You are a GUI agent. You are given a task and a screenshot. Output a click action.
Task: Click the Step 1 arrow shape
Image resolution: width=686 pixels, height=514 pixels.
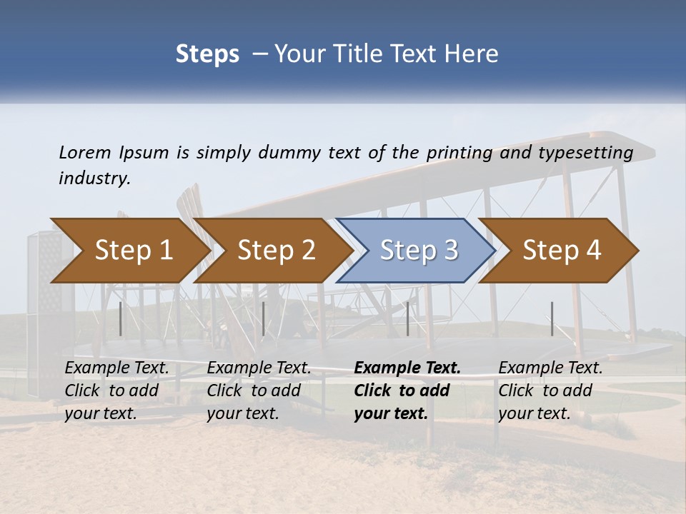[132, 251]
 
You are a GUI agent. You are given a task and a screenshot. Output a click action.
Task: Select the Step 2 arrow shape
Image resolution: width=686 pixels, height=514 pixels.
[275, 251]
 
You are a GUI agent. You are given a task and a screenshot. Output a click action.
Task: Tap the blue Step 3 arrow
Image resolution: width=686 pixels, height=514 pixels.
[418, 251]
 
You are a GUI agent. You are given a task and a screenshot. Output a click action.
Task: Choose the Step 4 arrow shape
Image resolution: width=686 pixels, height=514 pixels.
[561, 251]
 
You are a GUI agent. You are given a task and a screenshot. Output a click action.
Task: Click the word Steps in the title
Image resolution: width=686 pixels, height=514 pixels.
[207, 54]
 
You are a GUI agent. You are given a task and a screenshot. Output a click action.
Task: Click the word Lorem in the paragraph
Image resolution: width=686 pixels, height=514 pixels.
[85, 152]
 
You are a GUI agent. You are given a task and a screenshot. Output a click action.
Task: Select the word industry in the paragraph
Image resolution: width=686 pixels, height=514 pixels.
[94, 178]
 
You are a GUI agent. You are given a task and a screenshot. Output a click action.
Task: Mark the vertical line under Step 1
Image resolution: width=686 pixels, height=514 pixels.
[121, 318]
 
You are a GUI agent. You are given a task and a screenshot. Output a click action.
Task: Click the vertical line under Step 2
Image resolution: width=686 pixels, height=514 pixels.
[264, 318]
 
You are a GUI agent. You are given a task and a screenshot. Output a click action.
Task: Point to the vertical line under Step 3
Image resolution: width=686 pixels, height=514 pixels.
[407, 318]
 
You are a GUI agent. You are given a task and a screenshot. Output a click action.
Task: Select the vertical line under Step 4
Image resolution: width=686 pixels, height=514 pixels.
[552, 318]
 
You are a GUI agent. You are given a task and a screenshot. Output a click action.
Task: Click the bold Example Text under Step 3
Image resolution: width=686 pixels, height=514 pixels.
[407, 368]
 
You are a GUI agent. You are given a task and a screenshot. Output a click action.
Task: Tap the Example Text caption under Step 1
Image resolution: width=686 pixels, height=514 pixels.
[117, 368]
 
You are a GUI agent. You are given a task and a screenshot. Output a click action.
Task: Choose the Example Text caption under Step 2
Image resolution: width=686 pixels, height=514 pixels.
[259, 368]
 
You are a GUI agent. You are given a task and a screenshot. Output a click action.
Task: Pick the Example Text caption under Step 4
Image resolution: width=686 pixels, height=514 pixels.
[550, 368]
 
